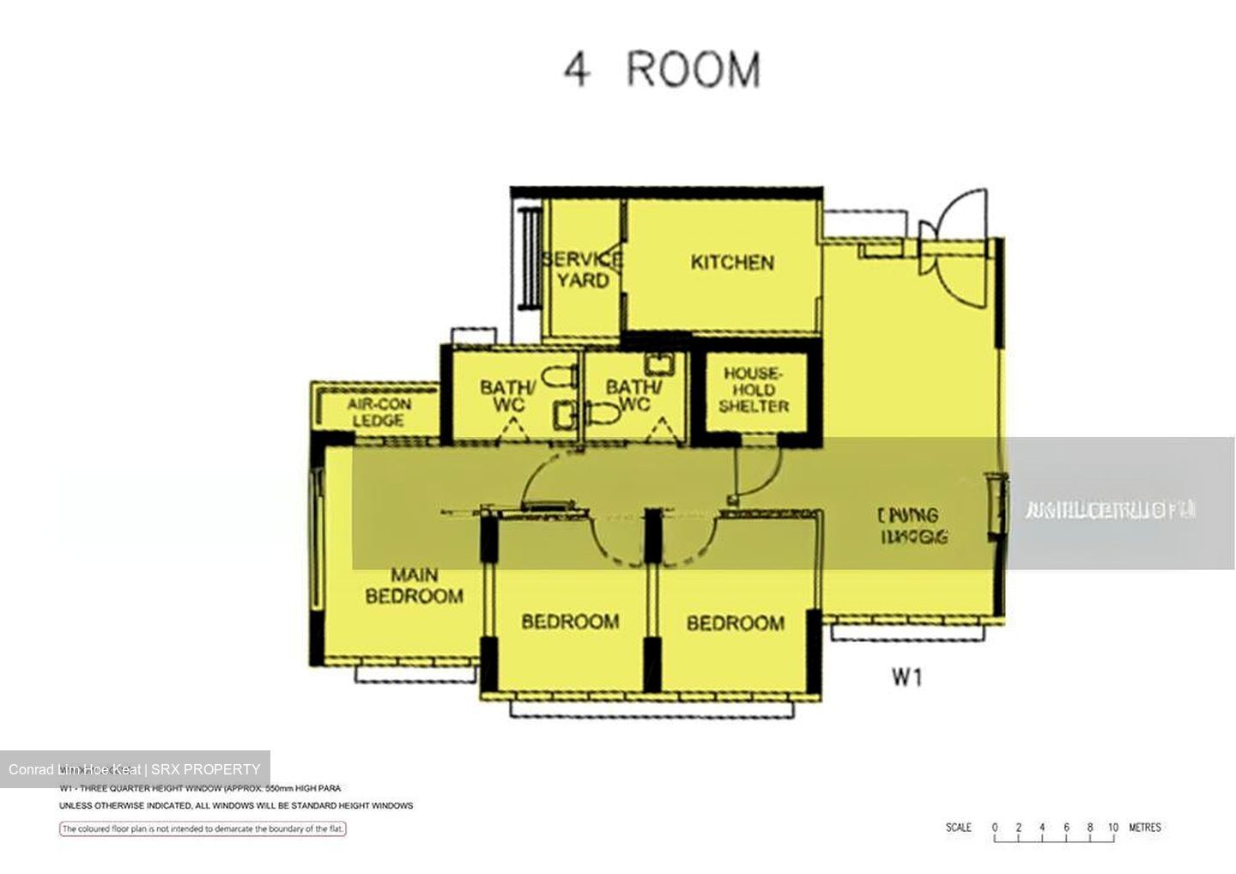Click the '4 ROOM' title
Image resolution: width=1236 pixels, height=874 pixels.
point(662,70)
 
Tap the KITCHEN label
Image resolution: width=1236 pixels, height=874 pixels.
point(732,263)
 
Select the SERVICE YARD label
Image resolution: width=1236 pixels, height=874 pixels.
point(583,270)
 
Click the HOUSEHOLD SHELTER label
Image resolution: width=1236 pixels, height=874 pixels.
point(753,390)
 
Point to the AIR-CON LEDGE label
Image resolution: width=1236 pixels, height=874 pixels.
point(379,412)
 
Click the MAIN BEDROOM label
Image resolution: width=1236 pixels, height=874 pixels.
point(414,586)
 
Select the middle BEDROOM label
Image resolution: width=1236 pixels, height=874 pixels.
point(570,621)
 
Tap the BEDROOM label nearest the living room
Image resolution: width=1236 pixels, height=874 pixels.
point(735,622)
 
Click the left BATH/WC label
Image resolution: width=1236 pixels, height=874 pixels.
point(507,396)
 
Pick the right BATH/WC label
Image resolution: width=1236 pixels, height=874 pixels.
point(633,395)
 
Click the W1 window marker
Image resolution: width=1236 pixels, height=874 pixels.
point(906,677)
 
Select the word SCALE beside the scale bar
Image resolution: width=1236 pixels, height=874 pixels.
point(958,828)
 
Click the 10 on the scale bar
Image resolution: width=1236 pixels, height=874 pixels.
point(1112,828)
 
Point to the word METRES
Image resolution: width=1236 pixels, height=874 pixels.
point(1145,828)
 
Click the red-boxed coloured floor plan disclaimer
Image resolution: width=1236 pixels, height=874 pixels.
point(203,828)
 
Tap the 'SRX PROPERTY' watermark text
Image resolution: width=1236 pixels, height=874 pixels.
point(205,769)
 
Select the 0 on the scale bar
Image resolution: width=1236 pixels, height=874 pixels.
point(995,828)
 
